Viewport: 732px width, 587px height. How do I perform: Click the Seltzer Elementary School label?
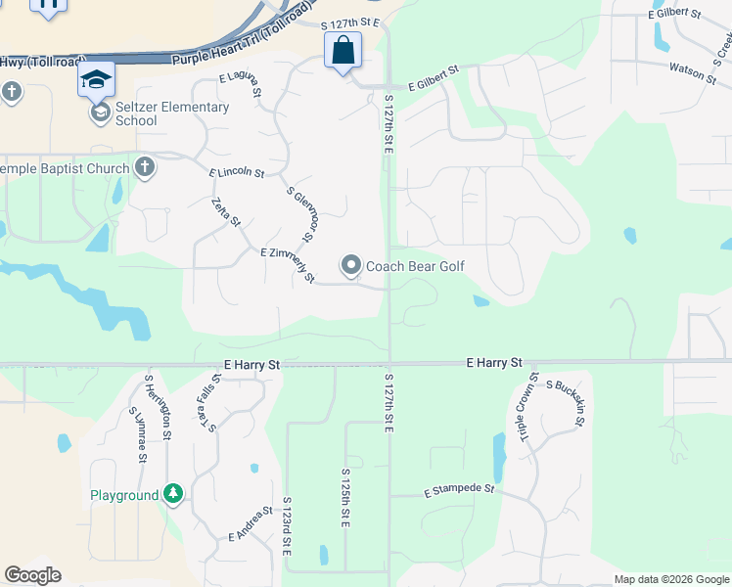pyautogui.click(x=172, y=113)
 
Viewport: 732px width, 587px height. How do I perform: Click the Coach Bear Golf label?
pyautogui.click(x=415, y=266)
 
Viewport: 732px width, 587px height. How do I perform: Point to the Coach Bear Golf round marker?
pyautogui.click(x=351, y=265)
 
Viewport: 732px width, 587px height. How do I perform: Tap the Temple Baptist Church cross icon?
pyautogui.click(x=145, y=167)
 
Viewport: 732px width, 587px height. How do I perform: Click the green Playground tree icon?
pyautogui.click(x=173, y=494)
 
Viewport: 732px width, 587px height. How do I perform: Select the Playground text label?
pyautogui.click(x=124, y=495)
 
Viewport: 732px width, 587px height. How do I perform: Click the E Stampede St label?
pyautogui.click(x=460, y=488)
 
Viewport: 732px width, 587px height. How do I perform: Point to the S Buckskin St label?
pyautogui.click(x=565, y=403)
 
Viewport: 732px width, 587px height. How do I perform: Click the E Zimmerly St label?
pyautogui.click(x=287, y=265)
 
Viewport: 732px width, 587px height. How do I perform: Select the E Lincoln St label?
pyautogui.click(x=237, y=173)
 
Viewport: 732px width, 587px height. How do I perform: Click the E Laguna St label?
pyautogui.click(x=241, y=83)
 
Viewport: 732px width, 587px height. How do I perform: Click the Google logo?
pyautogui.click(x=32, y=575)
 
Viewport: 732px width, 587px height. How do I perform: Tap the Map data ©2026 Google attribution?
pyautogui.click(x=671, y=579)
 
